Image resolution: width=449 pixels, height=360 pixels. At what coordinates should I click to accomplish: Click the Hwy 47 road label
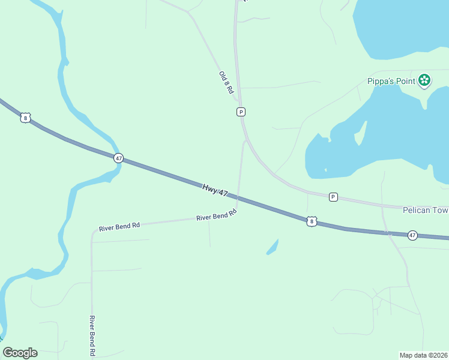click(x=215, y=191)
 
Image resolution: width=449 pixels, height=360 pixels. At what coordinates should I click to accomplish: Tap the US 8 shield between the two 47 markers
click(x=311, y=221)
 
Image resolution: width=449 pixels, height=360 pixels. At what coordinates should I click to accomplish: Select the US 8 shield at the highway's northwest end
click(x=25, y=118)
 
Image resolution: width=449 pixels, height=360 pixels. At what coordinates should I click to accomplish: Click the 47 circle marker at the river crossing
click(x=118, y=158)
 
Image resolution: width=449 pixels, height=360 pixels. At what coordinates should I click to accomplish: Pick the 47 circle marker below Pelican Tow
click(x=412, y=235)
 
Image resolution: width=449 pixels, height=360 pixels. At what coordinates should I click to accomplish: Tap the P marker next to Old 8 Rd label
click(x=241, y=112)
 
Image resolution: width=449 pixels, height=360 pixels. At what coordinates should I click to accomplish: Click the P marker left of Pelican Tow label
click(x=333, y=197)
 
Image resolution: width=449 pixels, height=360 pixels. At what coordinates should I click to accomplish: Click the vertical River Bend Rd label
click(x=92, y=335)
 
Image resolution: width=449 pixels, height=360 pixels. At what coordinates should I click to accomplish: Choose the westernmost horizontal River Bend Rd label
click(x=119, y=226)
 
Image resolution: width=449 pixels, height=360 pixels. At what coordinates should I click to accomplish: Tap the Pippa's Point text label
click(x=391, y=81)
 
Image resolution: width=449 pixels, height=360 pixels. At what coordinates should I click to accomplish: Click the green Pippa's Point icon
click(x=424, y=80)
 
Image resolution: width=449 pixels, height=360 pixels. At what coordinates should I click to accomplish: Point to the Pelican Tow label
click(x=425, y=211)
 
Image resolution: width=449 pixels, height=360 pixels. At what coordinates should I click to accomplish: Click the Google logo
click(x=20, y=353)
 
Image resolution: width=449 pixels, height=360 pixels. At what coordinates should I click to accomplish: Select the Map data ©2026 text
click(x=424, y=355)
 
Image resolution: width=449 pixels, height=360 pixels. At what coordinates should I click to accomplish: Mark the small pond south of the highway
click(x=273, y=247)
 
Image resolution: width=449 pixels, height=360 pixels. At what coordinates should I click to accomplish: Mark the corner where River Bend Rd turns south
click(x=92, y=232)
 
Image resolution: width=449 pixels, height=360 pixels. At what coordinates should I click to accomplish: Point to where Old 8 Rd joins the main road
click(x=239, y=102)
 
